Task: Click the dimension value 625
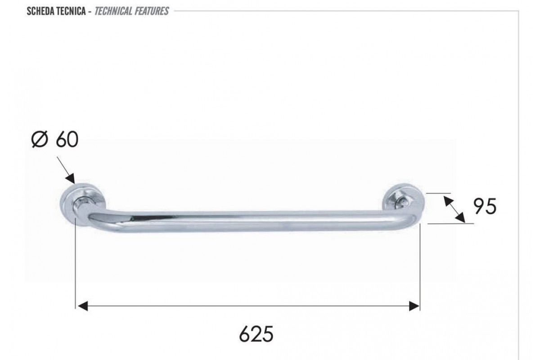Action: coord(256,334)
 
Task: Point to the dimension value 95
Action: coord(485,206)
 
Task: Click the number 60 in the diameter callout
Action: coord(67,139)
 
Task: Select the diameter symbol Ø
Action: coord(40,139)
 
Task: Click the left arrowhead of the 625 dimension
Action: coord(83,306)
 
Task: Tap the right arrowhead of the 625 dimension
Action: coord(414,306)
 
